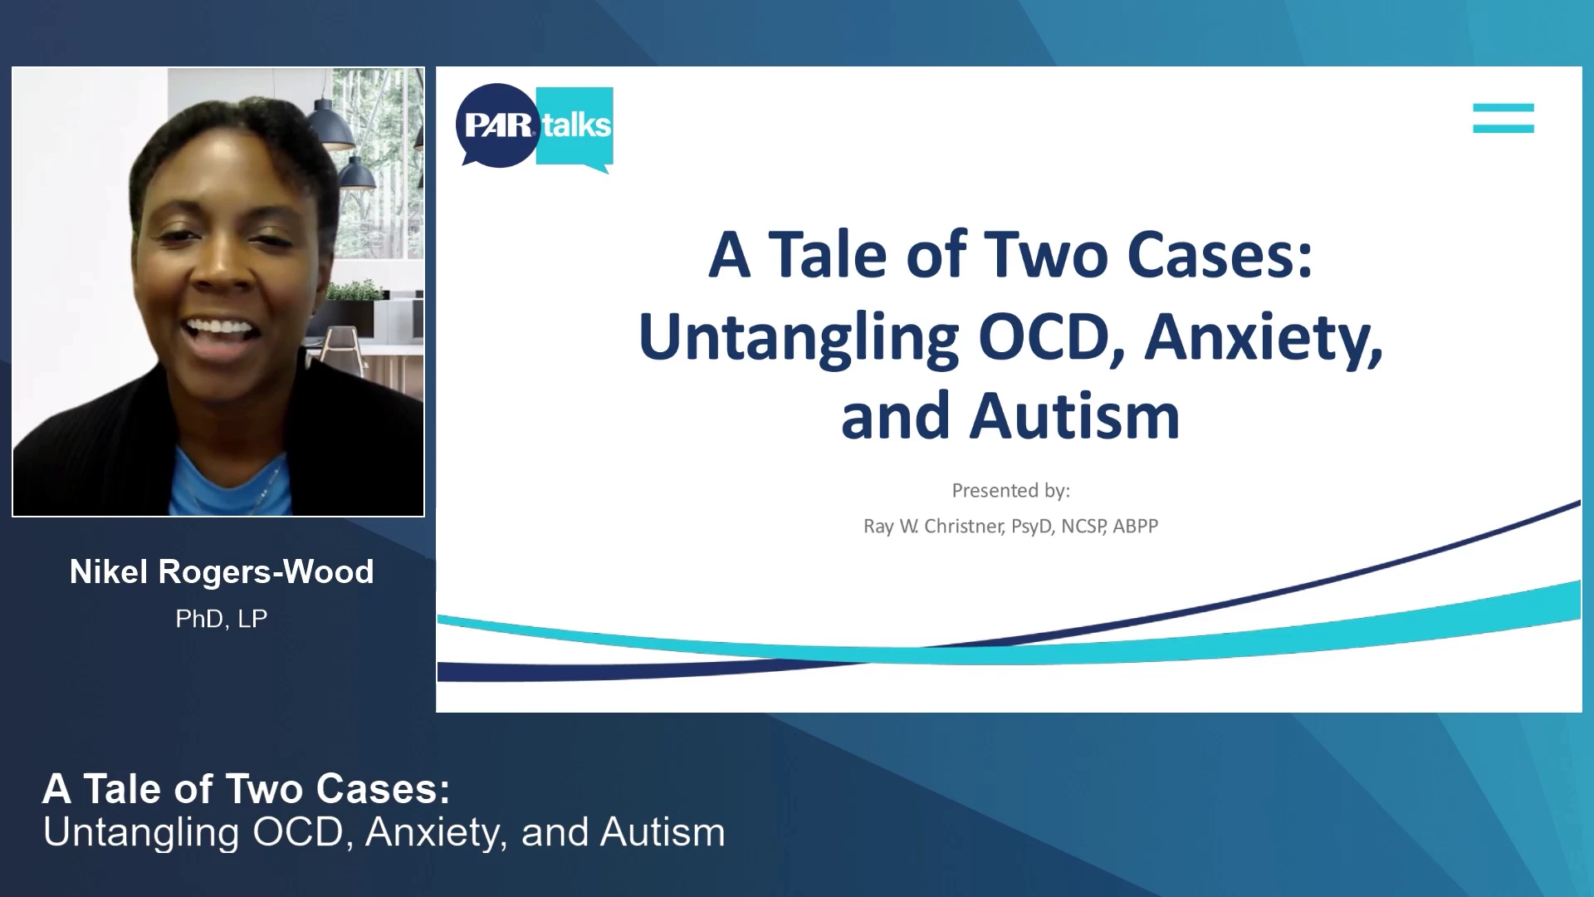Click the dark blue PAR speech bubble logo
point(497,125)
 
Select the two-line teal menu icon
point(1504,118)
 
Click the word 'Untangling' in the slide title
point(799,337)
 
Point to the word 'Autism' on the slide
point(1075,416)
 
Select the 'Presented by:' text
point(1010,491)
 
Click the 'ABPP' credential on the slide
point(1135,527)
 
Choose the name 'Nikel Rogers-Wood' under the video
point(222,571)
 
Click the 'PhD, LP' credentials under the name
point(222,619)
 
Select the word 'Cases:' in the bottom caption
point(383,789)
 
